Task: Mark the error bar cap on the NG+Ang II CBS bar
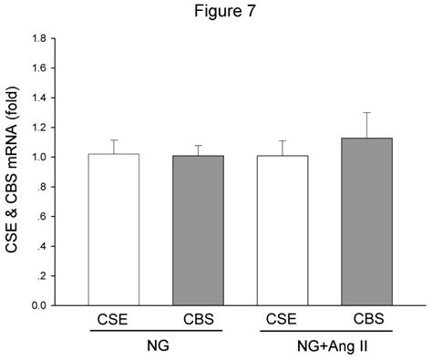pos(366,112)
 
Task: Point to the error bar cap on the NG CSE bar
pos(113,140)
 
